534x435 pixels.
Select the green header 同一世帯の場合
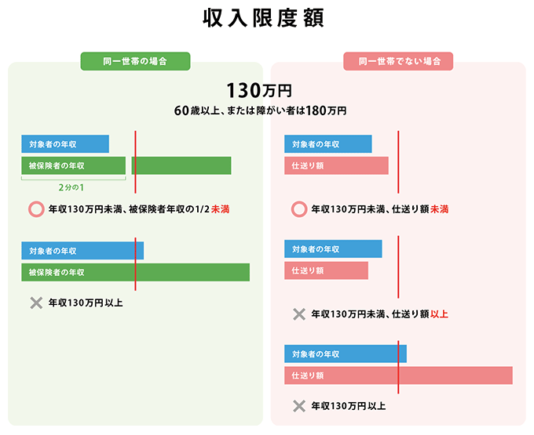tap(135, 61)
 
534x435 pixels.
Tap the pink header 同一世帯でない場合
tap(398, 61)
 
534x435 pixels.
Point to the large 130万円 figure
tap(258, 91)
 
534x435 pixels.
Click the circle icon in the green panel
tap(35, 209)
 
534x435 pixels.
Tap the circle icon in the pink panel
tap(298, 209)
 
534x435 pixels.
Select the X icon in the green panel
tap(35, 303)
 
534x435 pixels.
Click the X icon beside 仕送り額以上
tap(298, 314)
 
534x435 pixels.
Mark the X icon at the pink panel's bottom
tap(298, 406)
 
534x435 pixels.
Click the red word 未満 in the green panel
tap(221, 209)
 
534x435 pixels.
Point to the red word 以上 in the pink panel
tap(440, 314)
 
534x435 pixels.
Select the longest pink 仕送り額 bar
tap(398, 375)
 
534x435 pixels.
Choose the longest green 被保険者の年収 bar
tap(135, 272)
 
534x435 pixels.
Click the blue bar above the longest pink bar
tap(346, 353)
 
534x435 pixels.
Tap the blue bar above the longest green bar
tap(82, 251)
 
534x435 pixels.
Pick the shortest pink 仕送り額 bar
tap(326, 270)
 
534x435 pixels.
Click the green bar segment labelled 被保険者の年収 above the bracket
tap(73, 165)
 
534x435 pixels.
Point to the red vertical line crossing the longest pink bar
tap(398, 375)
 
